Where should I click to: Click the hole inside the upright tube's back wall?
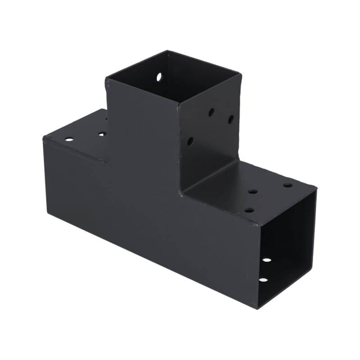click(x=159, y=77)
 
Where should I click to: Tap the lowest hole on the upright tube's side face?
click(x=190, y=141)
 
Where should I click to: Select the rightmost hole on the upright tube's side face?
click(x=231, y=119)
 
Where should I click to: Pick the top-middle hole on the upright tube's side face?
click(x=211, y=112)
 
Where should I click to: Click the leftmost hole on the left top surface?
click(x=69, y=139)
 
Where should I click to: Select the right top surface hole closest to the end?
click(x=288, y=185)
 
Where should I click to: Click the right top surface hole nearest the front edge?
click(x=249, y=210)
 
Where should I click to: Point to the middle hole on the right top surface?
click(x=253, y=192)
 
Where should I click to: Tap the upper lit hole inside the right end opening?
click(x=267, y=260)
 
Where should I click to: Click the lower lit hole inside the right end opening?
click(x=263, y=279)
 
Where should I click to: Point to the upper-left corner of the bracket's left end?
click(x=44, y=137)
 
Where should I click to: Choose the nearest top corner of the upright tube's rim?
click(x=178, y=103)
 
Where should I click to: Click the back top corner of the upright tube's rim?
click(x=167, y=51)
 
